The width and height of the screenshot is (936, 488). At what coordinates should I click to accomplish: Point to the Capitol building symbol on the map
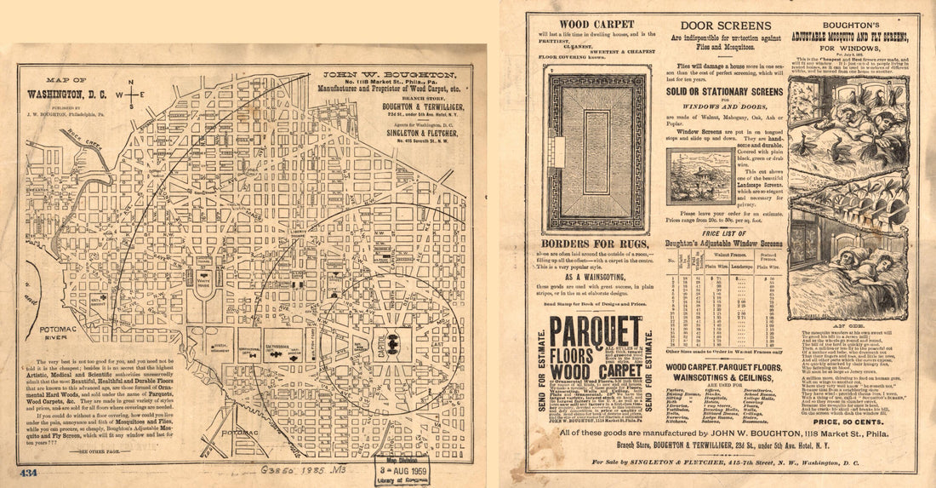[x=392, y=343]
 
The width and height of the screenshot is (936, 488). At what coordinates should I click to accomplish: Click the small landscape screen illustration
[x=700, y=176]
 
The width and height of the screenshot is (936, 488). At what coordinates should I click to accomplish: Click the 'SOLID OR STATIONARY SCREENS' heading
[x=723, y=91]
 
